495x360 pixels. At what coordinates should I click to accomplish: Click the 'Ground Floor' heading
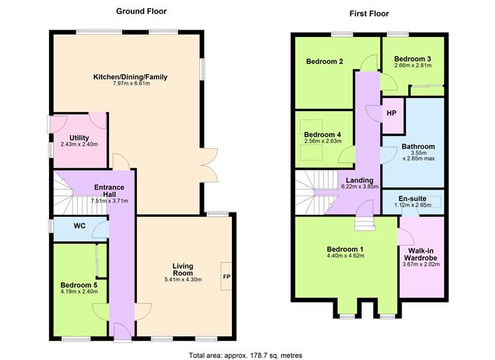click(x=141, y=11)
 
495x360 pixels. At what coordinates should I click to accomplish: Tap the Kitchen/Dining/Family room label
click(x=130, y=77)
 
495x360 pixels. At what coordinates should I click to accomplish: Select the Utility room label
click(x=79, y=138)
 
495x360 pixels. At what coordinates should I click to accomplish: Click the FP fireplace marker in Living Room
click(x=226, y=277)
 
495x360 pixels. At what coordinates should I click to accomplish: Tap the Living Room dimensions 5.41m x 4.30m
click(x=182, y=280)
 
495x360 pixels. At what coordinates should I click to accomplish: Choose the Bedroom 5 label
click(x=79, y=284)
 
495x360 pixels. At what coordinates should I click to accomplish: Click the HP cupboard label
click(x=391, y=113)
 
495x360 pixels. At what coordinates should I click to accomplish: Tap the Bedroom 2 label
click(x=325, y=62)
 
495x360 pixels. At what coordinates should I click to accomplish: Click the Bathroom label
click(x=418, y=147)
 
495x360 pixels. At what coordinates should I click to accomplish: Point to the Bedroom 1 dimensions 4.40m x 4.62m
click(x=345, y=256)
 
